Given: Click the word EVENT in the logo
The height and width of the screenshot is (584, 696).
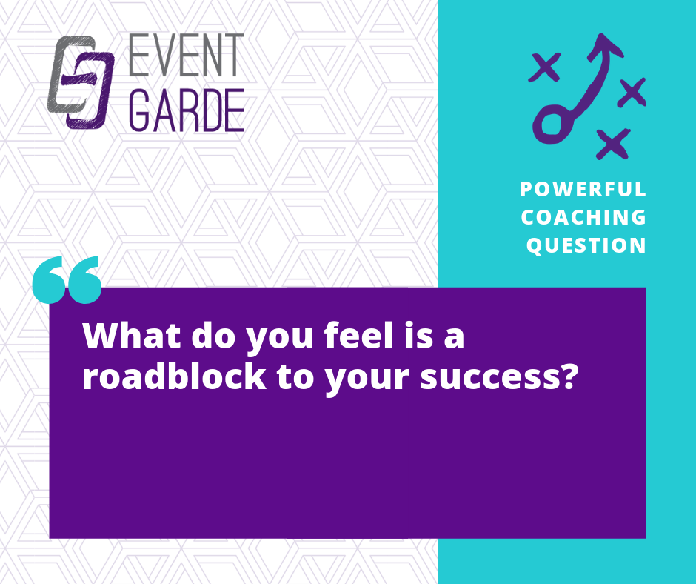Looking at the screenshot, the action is click(186, 55).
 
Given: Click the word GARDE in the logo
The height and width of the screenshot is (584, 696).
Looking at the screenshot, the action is click(187, 110).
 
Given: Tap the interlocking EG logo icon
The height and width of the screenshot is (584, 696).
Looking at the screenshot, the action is click(81, 82).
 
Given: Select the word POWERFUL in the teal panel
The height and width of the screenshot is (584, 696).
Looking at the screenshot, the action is click(583, 189).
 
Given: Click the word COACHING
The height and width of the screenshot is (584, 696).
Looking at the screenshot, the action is click(583, 217).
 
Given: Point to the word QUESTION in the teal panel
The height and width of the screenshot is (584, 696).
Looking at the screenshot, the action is click(586, 245).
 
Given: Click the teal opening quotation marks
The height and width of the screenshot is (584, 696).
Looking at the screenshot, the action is click(67, 279).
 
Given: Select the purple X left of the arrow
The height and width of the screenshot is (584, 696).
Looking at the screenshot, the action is click(545, 67).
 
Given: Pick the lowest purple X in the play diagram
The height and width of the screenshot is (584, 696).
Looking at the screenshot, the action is click(613, 144).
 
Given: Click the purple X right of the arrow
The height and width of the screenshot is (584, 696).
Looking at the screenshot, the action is click(632, 93).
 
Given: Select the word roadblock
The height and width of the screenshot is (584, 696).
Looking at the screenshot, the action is click(174, 376).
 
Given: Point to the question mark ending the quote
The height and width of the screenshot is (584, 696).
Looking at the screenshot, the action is click(569, 376).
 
